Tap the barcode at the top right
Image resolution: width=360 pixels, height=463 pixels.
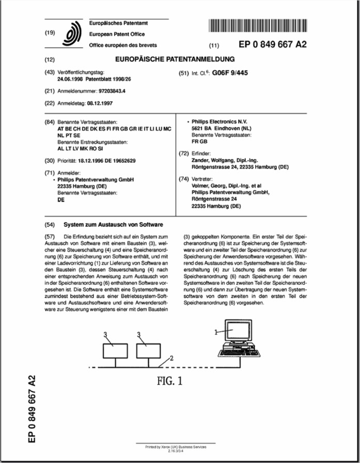(258, 25)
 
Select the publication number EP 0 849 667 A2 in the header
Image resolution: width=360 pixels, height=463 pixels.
(273, 44)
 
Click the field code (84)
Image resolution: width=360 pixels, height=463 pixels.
(50, 120)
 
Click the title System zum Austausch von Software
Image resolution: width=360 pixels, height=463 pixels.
(113, 225)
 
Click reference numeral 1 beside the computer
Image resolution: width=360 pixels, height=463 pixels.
(216, 332)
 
